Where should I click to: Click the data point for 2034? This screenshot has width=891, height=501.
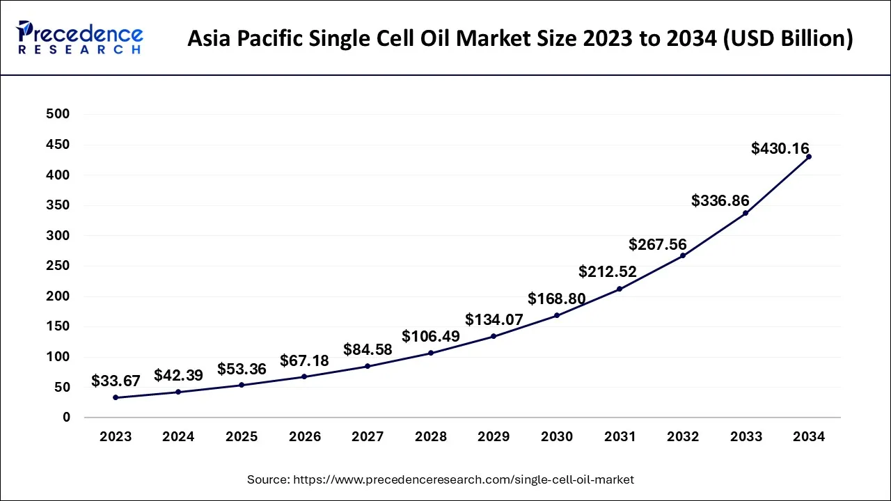[x=808, y=157]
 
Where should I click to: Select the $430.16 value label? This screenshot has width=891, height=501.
[x=780, y=148]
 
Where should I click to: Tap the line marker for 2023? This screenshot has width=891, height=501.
[x=116, y=397]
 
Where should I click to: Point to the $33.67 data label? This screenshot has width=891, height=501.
[x=116, y=381]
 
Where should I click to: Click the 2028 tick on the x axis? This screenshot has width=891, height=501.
[x=431, y=437]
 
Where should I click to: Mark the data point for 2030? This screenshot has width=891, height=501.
[x=557, y=315]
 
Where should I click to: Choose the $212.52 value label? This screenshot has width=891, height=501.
[x=608, y=271]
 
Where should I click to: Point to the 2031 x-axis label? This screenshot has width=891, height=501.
[x=620, y=437]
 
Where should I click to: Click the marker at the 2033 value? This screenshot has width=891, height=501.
[x=746, y=213]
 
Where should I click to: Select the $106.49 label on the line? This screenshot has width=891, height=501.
[x=431, y=336]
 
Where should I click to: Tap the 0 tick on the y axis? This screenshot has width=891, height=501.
[x=66, y=417]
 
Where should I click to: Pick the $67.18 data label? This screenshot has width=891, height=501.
[x=304, y=360]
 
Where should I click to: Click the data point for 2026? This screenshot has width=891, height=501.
[x=304, y=376]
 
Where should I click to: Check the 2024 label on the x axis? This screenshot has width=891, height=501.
[x=178, y=437]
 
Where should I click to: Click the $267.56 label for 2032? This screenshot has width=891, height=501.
[x=657, y=244]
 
